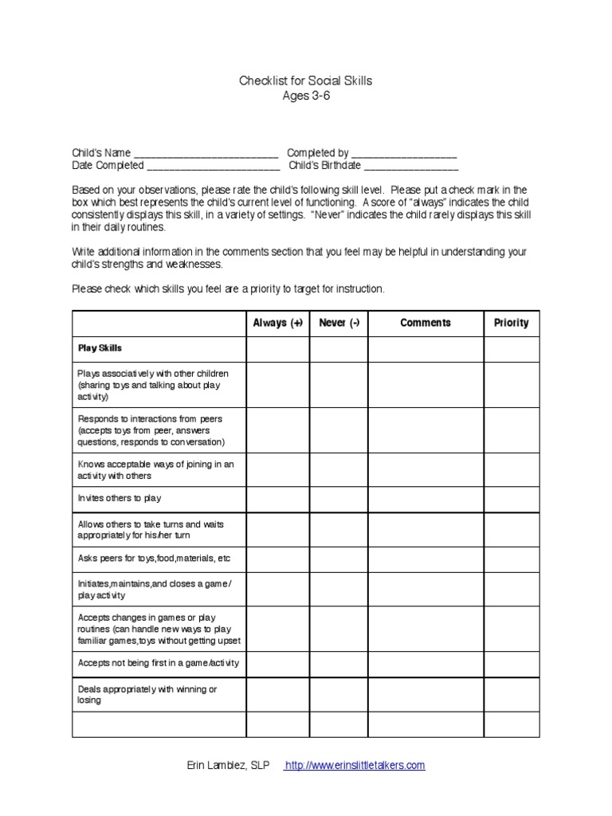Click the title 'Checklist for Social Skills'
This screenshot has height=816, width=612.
point(306,81)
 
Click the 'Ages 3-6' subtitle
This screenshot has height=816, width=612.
point(306,96)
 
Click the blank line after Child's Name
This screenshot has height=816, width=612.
point(206,153)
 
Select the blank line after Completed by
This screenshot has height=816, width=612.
point(403,153)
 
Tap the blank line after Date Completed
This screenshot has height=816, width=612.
point(213,167)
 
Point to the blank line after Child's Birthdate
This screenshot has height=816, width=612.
point(411,167)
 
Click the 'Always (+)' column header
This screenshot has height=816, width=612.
point(278,324)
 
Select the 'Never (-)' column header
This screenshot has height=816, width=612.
point(339,324)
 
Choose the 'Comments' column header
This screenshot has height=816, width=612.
point(425,324)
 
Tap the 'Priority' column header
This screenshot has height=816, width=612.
point(511,324)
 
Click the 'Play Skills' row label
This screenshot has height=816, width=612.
point(100,349)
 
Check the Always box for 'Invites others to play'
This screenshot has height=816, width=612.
point(278,498)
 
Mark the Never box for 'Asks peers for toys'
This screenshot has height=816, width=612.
point(339,557)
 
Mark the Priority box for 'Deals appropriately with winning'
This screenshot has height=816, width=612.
point(511,695)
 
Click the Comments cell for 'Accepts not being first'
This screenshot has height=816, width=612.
point(425,663)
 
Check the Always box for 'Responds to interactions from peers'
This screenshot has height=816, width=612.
point(278,430)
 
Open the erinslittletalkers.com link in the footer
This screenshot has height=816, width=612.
point(355,766)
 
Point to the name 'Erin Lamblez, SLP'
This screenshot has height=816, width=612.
point(227,766)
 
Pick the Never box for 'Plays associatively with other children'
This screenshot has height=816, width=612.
point(339,385)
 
